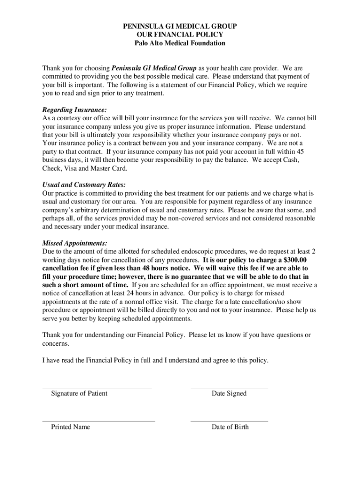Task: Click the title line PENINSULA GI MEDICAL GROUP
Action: [180, 26]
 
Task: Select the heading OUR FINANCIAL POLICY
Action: [180, 35]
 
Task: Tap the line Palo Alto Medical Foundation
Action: [180, 43]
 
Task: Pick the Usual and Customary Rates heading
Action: [84, 185]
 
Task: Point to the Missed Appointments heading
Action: [75, 243]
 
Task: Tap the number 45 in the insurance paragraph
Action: [301, 152]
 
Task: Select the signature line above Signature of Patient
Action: [97, 388]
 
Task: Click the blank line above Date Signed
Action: [229, 388]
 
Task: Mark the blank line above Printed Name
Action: [98, 421]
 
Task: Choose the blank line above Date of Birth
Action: [229, 421]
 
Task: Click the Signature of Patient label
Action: [79, 393]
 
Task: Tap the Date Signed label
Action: [229, 393]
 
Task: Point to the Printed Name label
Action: [71, 427]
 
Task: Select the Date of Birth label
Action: [230, 427]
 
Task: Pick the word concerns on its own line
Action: [56, 343]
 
